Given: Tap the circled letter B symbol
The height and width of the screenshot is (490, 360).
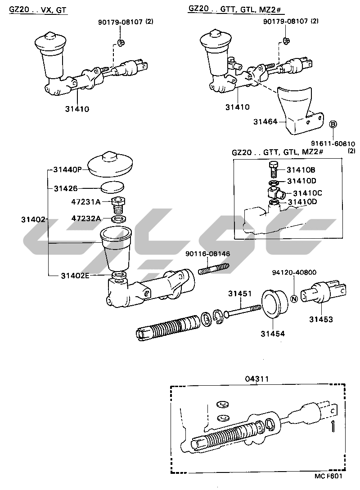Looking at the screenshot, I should click(x=333, y=124).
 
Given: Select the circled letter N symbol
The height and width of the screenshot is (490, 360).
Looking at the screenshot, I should click(x=294, y=298).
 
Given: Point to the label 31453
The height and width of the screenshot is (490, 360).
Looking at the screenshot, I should click(x=321, y=320).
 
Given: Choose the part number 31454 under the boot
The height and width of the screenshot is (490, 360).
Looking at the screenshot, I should click(x=272, y=334).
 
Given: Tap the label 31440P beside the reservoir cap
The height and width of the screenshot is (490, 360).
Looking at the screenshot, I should click(x=67, y=169).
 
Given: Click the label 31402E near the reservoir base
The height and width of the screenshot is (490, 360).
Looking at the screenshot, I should click(x=75, y=275).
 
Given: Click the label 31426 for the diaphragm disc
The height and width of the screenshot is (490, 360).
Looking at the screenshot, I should click(x=66, y=188).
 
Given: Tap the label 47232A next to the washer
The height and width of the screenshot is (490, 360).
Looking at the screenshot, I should click(x=86, y=218).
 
